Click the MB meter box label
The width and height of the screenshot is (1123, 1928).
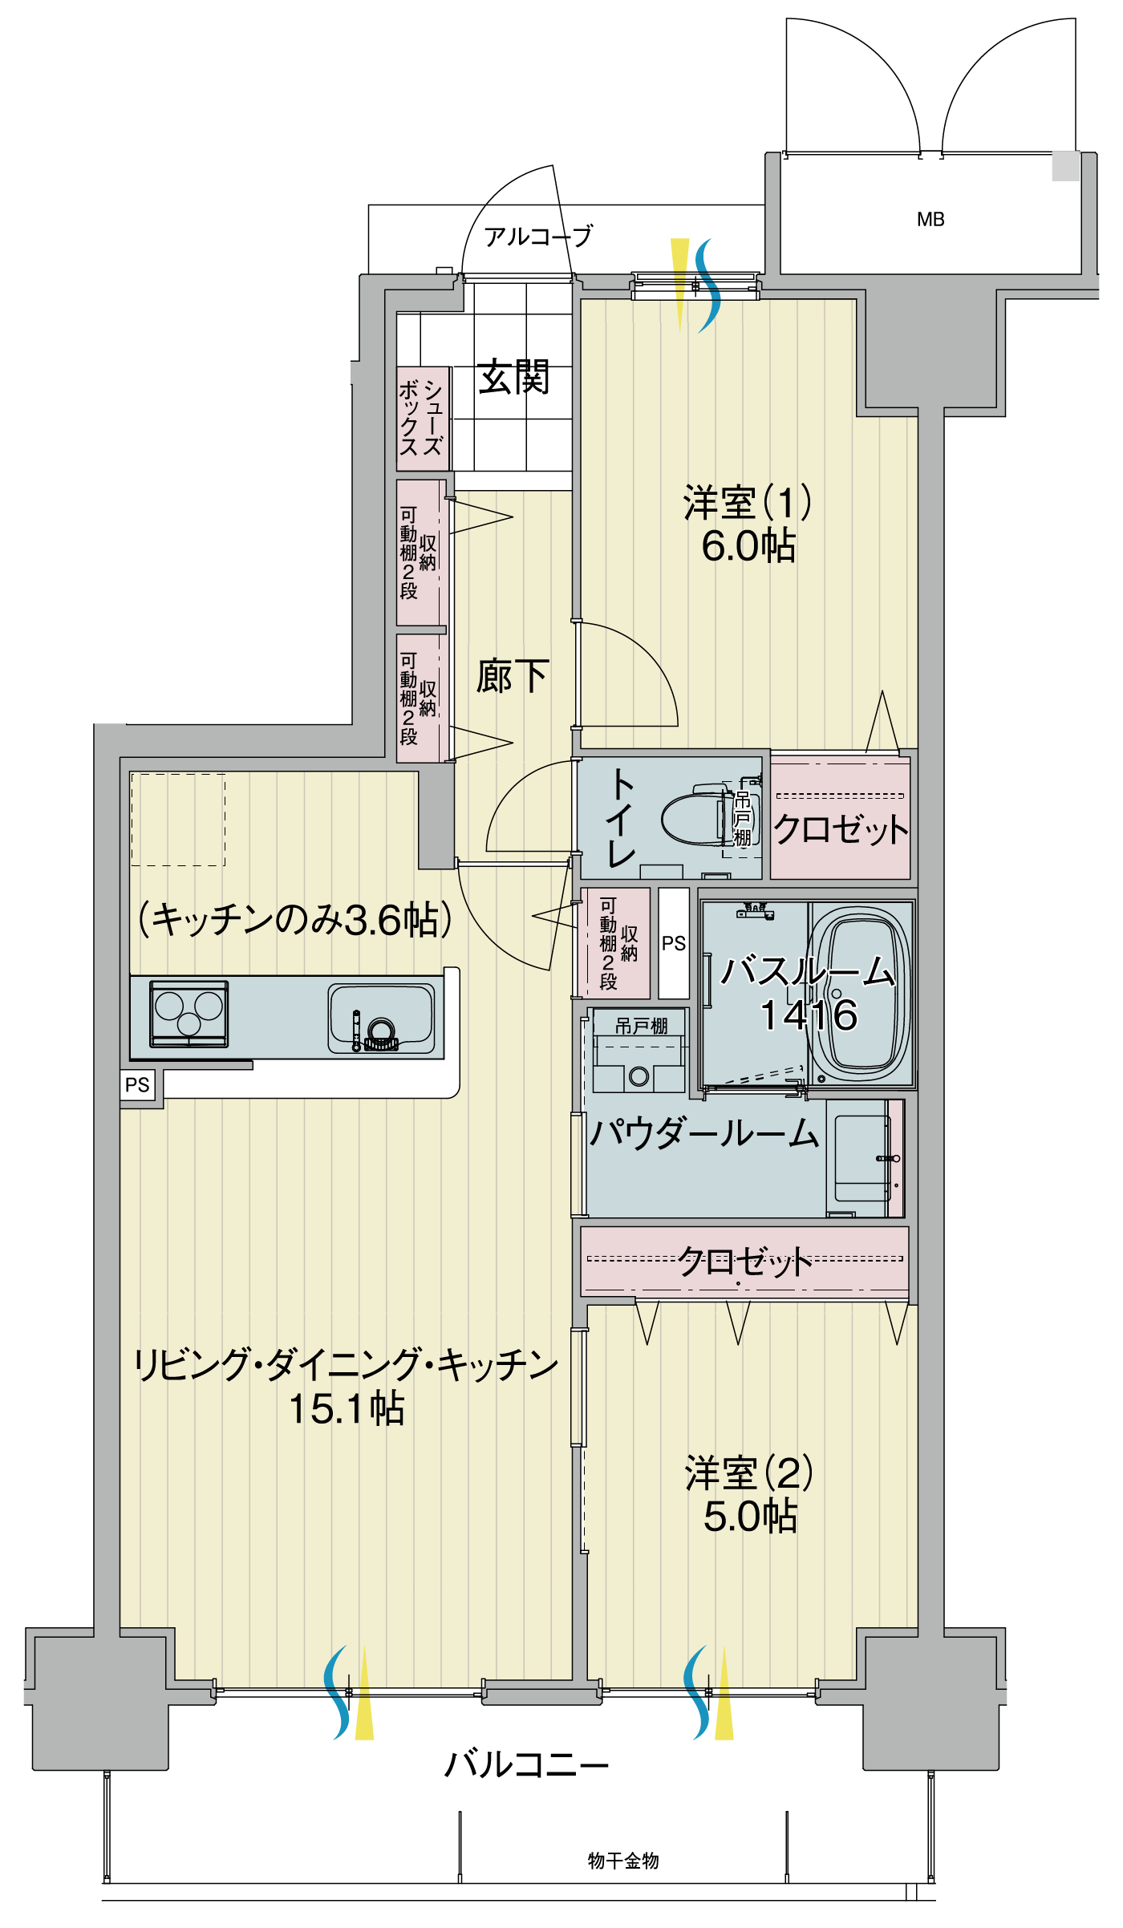tap(930, 219)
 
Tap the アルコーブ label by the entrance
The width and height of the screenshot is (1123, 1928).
tap(537, 236)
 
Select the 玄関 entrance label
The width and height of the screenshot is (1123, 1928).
tap(513, 376)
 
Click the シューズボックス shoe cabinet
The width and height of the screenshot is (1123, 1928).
tap(422, 419)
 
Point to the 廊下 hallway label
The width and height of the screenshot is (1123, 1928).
tap(512, 676)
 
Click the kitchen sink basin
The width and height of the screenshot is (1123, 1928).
tap(382, 1019)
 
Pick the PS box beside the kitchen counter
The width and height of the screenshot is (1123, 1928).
tap(137, 1085)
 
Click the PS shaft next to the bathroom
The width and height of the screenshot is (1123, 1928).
tap(674, 943)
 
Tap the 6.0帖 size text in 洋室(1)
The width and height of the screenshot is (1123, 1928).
tap(748, 546)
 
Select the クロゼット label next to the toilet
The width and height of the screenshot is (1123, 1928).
tap(840, 829)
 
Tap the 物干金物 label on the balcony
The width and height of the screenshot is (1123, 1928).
tap(623, 1861)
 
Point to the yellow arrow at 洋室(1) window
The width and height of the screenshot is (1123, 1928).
tap(680, 281)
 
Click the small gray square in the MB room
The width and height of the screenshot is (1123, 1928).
tap(1065, 166)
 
